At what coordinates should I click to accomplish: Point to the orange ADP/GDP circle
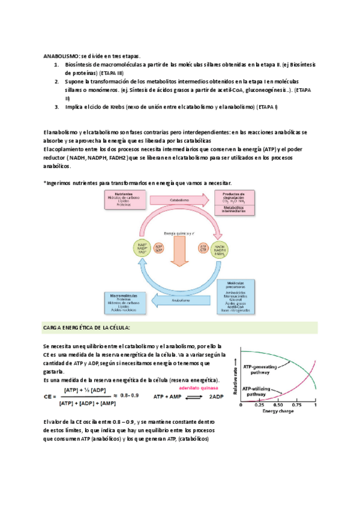pos(159,247)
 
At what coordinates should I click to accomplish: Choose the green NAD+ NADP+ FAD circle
pos(142,247)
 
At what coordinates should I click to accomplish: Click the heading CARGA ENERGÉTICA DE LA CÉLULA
pos(86,328)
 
